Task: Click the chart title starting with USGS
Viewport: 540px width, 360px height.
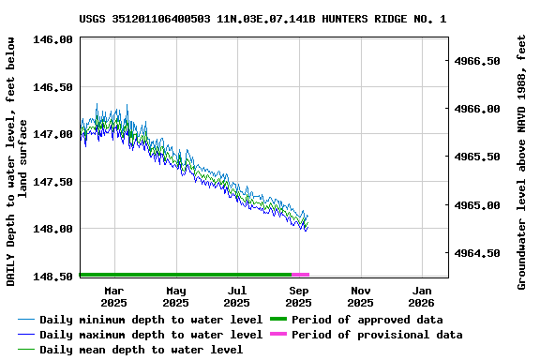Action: (x=262, y=18)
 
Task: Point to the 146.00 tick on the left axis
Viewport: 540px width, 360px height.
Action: (x=54, y=39)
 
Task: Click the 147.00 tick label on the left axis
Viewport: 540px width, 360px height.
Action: (x=54, y=134)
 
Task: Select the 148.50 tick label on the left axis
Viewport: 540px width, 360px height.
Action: (x=54, y=277)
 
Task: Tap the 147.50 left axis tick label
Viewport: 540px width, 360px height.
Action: (x=54, y=182)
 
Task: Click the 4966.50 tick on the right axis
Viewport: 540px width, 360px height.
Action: (x=479, y=61)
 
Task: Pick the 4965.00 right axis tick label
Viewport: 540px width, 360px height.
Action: (x=479, y=205)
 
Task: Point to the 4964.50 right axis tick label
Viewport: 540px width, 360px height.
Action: (x=479, y=253)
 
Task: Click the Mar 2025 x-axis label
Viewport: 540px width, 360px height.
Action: (x=113, y=296)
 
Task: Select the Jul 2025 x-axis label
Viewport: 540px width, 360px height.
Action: (x=237, y=296)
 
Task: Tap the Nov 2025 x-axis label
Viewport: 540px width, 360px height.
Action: (x=360, y=296)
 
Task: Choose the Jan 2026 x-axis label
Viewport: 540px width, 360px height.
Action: (x=422, y=296)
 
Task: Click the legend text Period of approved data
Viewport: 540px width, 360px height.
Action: (x=367, y=320)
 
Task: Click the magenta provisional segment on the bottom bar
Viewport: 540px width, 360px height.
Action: (x=300, y=275)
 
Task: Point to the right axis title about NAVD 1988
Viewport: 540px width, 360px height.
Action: (x=522, y=161)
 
